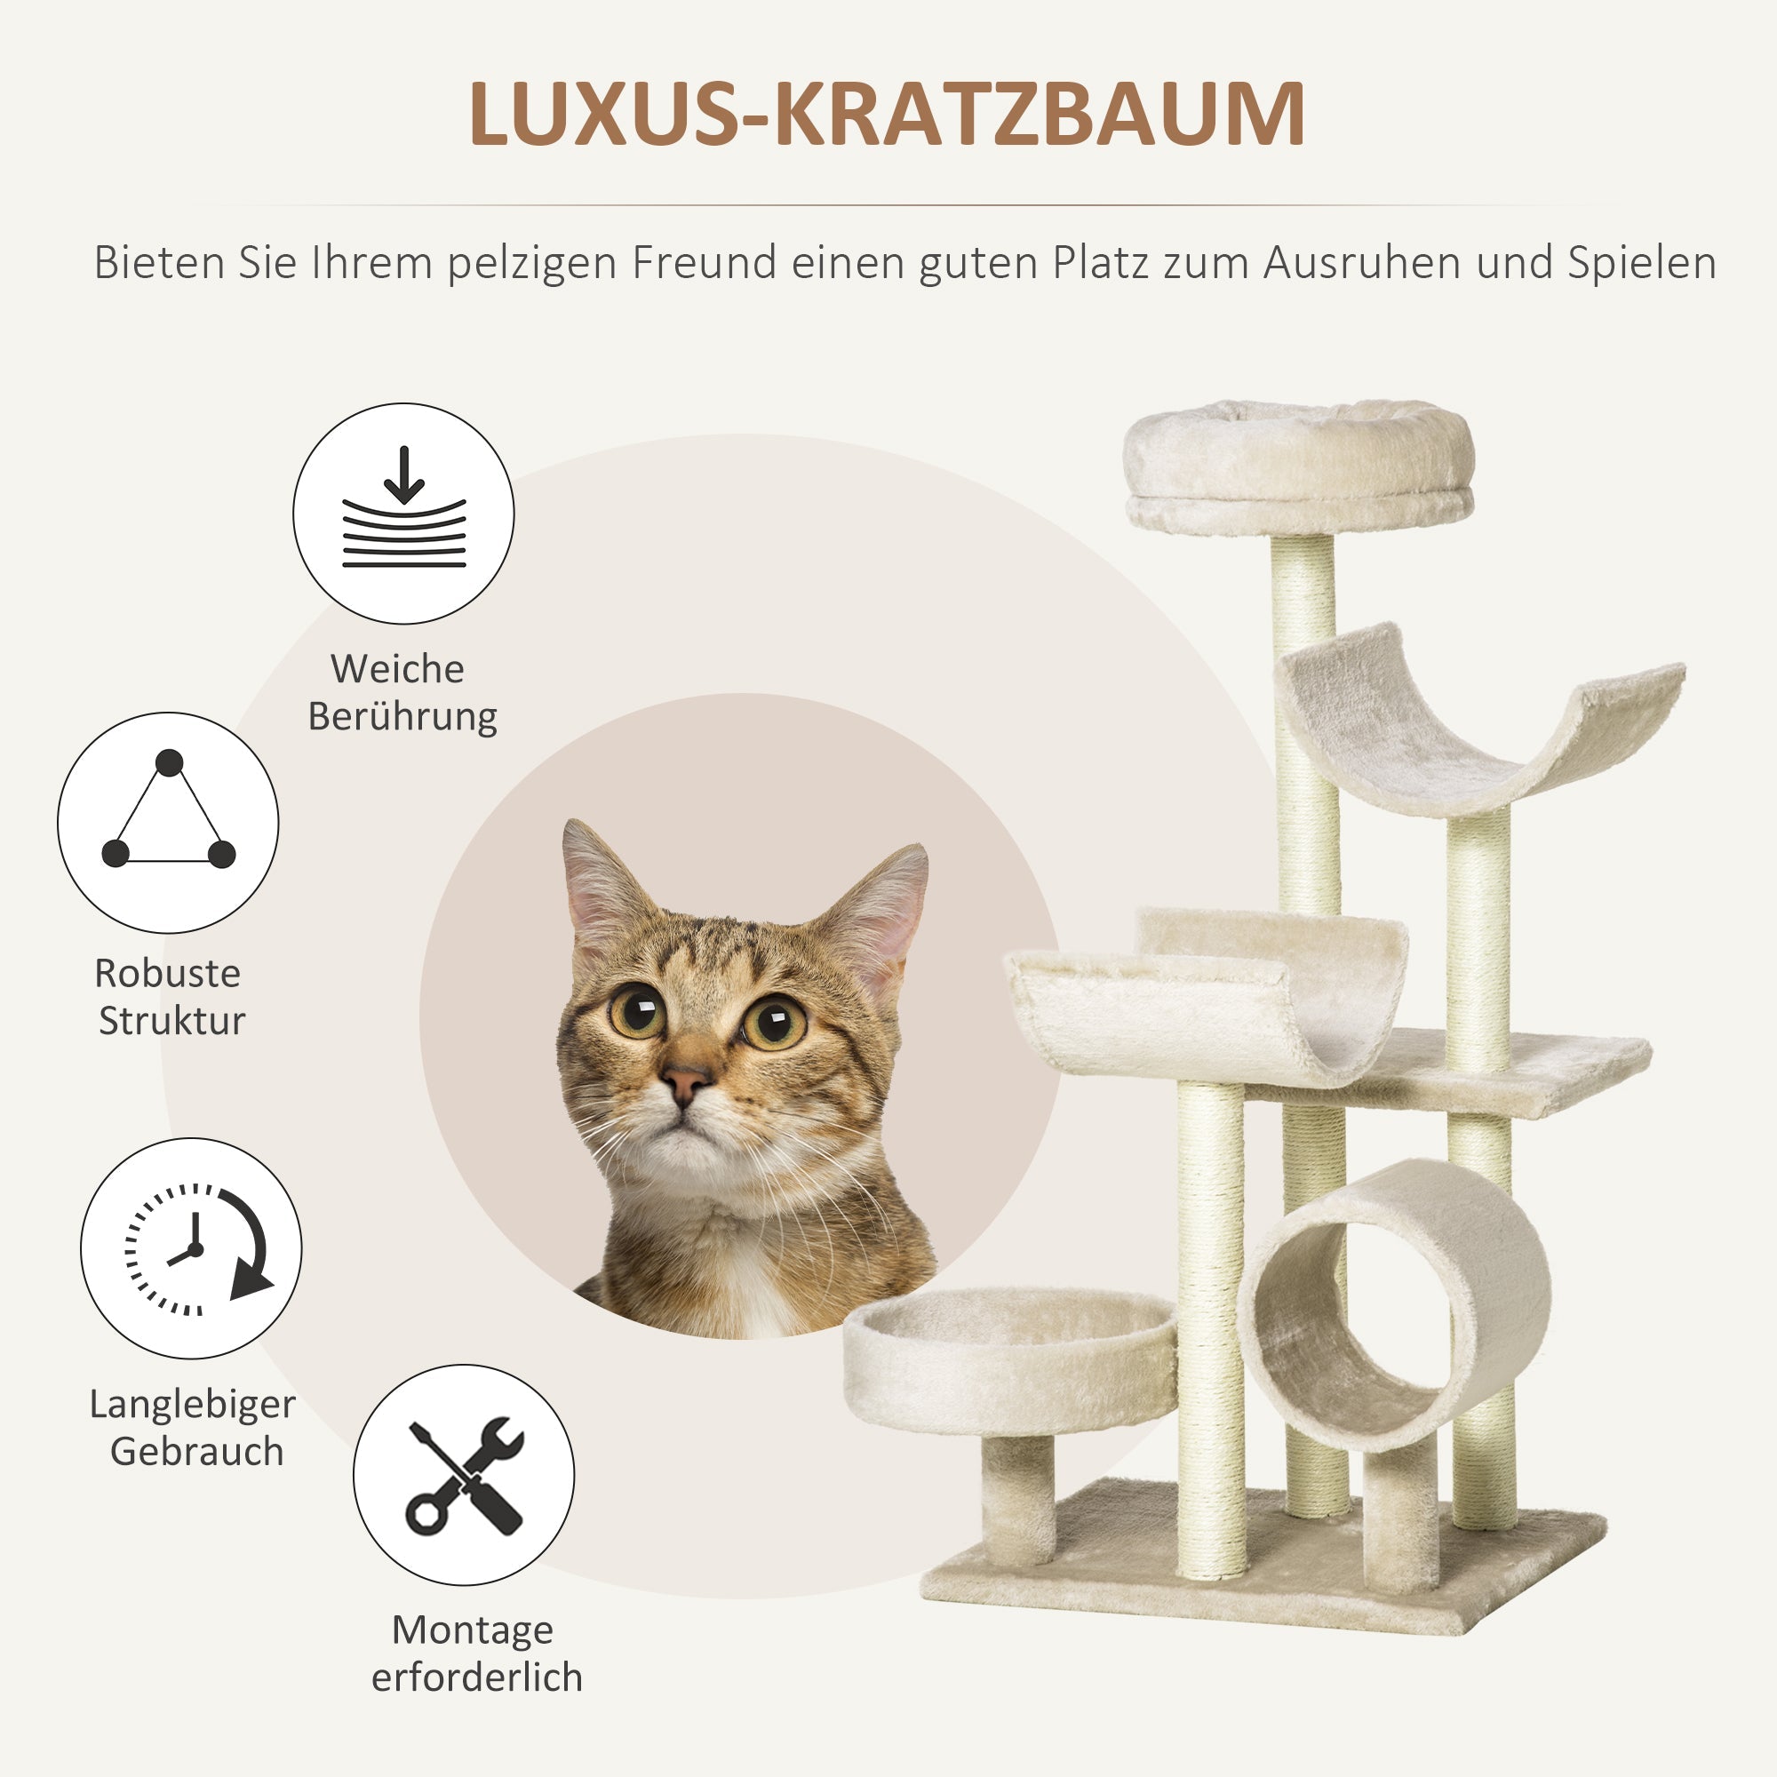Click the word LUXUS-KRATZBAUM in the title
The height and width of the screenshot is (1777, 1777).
tap(887, 114)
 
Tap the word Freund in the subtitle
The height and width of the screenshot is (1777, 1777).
tap(705, 263)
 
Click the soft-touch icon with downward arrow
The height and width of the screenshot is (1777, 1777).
tap(402, 514)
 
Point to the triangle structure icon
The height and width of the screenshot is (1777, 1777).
tap(168, 821)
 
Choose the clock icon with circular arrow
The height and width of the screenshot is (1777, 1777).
tap(191, 1248)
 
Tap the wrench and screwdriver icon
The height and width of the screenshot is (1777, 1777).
tap(464, 1474)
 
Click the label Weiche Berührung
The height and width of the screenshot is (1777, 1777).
tap(401, 691)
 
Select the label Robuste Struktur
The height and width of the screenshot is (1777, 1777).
tap(169, 996)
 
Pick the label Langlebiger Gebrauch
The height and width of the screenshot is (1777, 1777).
tap(193, 1428)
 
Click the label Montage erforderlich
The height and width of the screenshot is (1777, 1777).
tap(476, 1653)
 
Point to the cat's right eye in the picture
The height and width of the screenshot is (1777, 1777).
tap(774, 1022)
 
